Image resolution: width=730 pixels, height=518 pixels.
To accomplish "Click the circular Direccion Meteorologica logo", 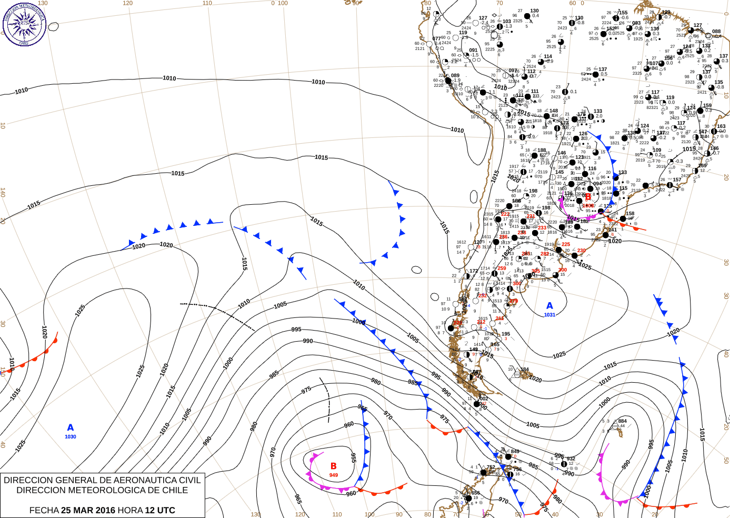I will (x=24, y=24).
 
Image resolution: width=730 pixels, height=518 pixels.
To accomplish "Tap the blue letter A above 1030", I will (x=71, y=428).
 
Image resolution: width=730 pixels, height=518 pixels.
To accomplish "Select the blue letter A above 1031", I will (x=549, y=306).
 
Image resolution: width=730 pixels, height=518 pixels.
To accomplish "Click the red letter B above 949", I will (x=333, y=466).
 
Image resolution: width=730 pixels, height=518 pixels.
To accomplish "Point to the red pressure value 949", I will (x=333, y=475).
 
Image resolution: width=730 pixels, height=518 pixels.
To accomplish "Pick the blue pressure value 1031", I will (x=549, y=315).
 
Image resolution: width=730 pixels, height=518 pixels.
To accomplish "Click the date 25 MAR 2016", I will (x=88, y=510).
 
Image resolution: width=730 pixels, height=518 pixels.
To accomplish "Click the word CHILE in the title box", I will (x=174, y=490).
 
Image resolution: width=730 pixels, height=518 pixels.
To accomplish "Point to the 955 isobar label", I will (x=353, y=457).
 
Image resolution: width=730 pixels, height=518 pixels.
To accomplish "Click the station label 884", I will (x=623, y=421).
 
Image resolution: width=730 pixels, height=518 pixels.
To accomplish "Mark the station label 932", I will (x=571, y=459).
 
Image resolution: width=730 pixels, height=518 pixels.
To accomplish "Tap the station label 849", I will (x=515, y=452).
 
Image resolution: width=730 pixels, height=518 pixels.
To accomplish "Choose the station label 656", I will (x=475, y=493).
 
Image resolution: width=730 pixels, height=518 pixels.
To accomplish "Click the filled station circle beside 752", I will (x=484, y=473).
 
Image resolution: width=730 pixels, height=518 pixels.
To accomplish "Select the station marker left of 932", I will (x=564, y=464).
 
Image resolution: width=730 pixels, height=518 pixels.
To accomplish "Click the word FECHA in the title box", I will (x=44, y=510).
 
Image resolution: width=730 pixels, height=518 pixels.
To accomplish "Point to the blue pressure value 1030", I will (x=71, y=437).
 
